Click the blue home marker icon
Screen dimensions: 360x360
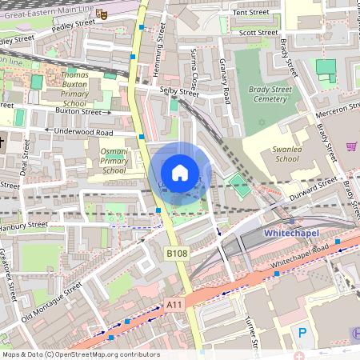pyautogui.click(x=180, y=173)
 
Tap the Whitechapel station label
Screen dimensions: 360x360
pyautogui.click(x=290, y=232)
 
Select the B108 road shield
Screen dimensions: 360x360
pyautogui.click(x=177, y=253)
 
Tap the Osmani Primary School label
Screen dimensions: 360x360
pyautogui.click(x=114, y=160)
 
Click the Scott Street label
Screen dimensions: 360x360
pyautogui.click(x=258, y=33)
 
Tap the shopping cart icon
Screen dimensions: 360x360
pyautogui.click(x=351, y=146)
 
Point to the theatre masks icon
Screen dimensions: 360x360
pyautogui.click(x=101, y=14)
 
